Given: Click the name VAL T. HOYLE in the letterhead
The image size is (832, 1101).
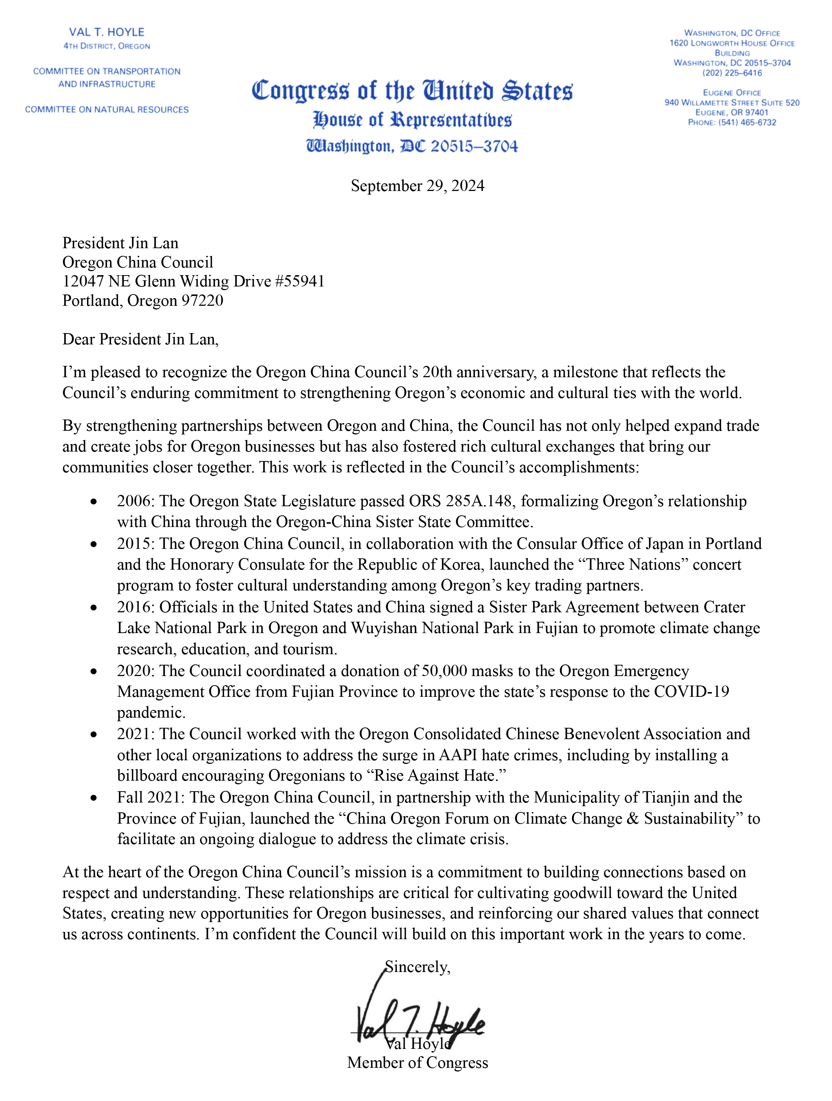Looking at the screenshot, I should point(106,32).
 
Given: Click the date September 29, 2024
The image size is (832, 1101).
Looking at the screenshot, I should point(417,186).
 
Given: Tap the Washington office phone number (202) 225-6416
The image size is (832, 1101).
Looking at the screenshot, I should point(732,73).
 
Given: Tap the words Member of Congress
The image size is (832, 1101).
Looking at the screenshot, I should point(417,1063).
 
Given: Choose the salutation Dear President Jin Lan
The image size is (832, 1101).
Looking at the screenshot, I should point(140,339).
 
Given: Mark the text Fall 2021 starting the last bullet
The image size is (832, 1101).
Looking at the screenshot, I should point(149,797).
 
